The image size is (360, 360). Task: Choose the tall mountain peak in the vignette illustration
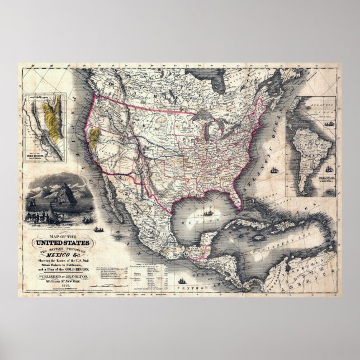[61, 182]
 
